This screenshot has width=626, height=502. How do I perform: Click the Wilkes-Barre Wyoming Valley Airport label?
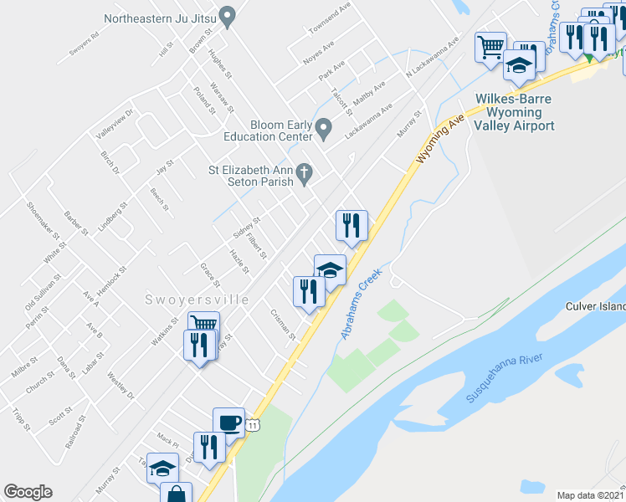tap(515, 112)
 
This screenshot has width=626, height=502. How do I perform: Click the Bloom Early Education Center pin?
tap(325, 129)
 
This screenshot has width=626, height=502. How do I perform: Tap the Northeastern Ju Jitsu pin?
tap(227, 17)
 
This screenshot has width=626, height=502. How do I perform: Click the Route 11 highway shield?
tap(253, 427)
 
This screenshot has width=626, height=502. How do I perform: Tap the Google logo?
tap(28, 492)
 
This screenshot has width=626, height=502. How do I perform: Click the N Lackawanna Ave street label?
tap(433, 56)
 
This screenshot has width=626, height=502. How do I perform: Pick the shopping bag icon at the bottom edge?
tap(177, 494)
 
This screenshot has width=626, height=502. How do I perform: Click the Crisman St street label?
tap(283, 325)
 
